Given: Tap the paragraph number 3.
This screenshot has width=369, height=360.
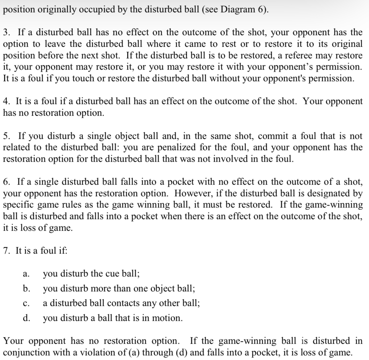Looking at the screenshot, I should coord(7,32).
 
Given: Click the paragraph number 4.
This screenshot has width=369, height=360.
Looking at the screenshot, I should coord(7,101).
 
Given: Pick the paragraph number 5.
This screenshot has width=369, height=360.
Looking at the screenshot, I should coord(7,136).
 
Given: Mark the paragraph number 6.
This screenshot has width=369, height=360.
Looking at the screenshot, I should coord(7,182).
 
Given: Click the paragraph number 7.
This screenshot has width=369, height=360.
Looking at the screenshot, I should coord(7,251).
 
